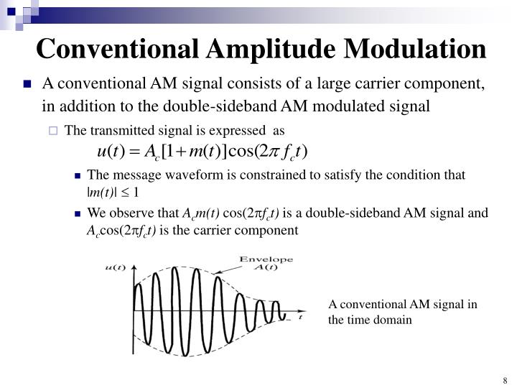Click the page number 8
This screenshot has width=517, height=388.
click(506, 380)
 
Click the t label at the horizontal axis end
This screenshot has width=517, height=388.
click(300, 316)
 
